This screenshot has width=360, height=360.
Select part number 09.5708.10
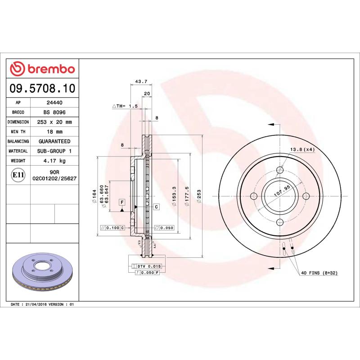[42, 88]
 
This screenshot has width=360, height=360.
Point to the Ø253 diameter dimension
[198, 197]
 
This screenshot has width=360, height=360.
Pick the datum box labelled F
[122, 202]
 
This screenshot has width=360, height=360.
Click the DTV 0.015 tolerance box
[148, 267]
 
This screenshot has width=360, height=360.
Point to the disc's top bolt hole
[280, 170]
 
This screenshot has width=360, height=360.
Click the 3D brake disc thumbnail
[43, 276]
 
